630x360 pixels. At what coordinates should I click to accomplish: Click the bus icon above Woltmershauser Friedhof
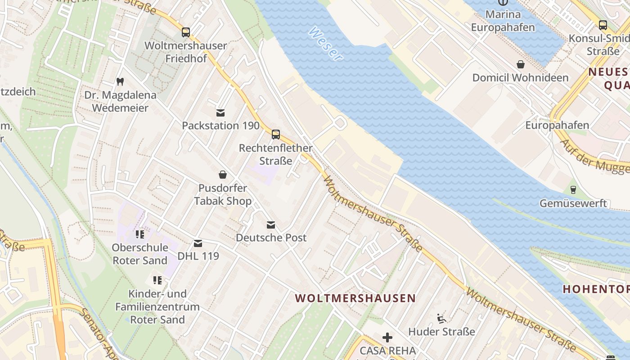(185, 32)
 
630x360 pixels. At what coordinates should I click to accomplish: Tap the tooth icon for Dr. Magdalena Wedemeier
(120, 81)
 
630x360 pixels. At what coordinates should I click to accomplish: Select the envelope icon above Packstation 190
(220, 112)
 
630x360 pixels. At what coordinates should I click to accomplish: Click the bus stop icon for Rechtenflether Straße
(275, 135)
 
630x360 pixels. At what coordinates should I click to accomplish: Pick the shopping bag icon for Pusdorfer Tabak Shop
(222, 174)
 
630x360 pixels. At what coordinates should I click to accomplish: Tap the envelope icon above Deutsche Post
(270, 225)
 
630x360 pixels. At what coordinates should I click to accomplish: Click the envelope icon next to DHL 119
(198, 243)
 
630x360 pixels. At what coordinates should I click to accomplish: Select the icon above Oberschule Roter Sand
(139, 234)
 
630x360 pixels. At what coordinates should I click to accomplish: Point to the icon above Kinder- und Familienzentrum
(157, 280)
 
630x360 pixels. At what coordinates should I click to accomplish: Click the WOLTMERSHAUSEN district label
(355, 298)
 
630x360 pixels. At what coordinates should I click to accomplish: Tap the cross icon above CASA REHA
(387, 337)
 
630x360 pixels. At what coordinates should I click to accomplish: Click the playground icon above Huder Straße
(441, 319)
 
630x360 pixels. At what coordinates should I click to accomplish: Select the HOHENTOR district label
(596, 288)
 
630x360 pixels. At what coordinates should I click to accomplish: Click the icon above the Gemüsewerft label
(573, 190)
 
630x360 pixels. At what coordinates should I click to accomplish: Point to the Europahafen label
(557, 125)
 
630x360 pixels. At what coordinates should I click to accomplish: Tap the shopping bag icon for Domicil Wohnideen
(520, 64)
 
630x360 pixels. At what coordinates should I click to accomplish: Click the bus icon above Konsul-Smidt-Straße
(603, 25)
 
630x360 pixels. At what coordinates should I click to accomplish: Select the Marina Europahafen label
(503, 21)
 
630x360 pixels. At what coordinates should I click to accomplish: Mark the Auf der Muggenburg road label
(594, 157)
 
